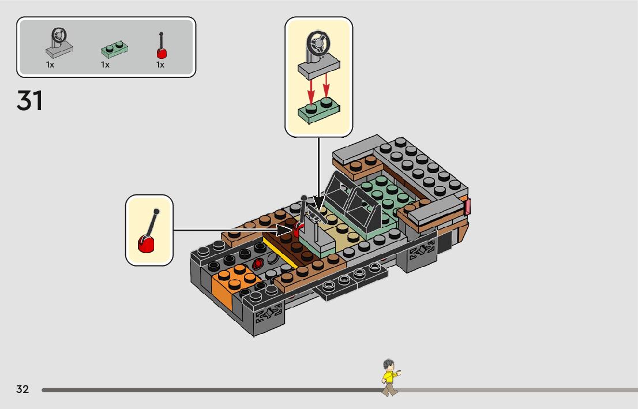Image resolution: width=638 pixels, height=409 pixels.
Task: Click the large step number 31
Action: (30, 101)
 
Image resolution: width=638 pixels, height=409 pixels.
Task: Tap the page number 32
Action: (22, 389)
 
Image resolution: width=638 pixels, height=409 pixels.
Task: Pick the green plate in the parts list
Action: (114, 50)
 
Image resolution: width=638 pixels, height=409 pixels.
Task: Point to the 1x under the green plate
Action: (105, 65)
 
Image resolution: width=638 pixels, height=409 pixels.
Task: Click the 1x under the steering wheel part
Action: (50, 65)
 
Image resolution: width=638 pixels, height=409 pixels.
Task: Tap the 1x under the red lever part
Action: (160, 65)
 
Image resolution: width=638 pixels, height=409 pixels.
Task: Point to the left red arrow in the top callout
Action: (310, 88)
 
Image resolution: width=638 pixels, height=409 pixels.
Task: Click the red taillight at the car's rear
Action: (467, 207)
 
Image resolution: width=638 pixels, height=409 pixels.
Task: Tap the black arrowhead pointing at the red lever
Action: (287, 230)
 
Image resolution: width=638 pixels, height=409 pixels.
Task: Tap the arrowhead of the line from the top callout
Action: (319, 204)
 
